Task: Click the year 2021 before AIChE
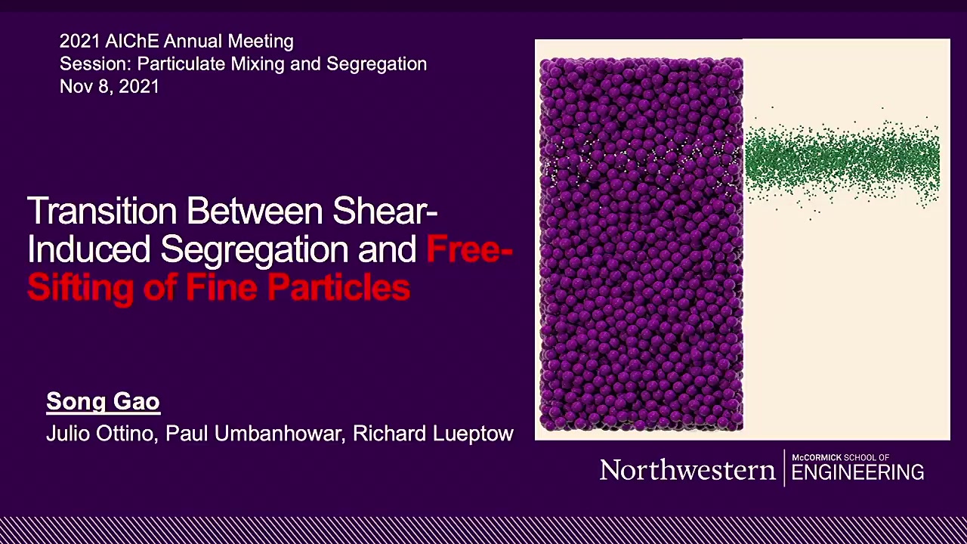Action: pos(80,42)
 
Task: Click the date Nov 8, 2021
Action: pos(110,86)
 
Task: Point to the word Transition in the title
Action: pos(102,211)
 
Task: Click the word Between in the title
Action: pos(255,211)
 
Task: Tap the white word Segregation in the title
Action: pos(255,249)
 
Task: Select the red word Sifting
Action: pos(80,288)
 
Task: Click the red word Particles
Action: pos(339,288)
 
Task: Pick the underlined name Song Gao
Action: pos(103,401)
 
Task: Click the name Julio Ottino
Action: pos(102,434)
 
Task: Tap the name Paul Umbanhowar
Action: pos(255,434)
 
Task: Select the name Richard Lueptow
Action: pos(433,434)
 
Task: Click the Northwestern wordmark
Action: pos(687,470)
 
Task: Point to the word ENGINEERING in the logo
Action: pos(857,472)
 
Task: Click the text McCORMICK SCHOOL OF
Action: pos(840,457)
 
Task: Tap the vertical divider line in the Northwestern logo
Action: pos(784,468)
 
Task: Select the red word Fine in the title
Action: pos(221,288)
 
